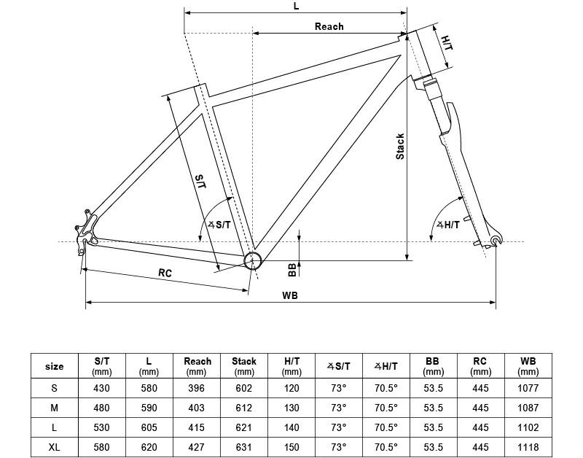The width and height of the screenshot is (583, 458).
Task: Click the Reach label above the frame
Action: tap(329, 26)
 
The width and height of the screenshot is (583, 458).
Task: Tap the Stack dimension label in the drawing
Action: tap(400, 147)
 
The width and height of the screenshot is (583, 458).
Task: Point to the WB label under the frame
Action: tap(289, 295)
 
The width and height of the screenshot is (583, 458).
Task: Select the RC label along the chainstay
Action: tap(165, 273)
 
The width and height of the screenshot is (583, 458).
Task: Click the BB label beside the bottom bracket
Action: tap(292, 270)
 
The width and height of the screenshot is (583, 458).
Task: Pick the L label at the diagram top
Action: tap(296, 6)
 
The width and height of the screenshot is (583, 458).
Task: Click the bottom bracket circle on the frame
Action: tap(252, 260)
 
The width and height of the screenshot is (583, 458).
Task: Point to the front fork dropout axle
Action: tap(496, 240)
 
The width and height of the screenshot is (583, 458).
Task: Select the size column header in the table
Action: tap(54, 366)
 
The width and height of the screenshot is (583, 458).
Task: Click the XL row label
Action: tap(54, 446)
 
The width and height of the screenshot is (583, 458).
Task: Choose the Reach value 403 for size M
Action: tap(197, 408)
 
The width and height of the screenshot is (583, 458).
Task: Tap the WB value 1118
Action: tap(528, 446)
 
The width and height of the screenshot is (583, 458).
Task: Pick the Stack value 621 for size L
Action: tap(244, 427)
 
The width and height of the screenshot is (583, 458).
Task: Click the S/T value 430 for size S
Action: tap(102, 388)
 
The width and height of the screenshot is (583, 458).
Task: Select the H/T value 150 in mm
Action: tap(292, 446)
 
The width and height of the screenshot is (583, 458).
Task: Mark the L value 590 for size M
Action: tap(149, 408)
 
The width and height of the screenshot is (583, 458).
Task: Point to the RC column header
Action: tap(480, 366)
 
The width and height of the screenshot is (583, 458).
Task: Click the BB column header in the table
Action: tap(433, 366)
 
